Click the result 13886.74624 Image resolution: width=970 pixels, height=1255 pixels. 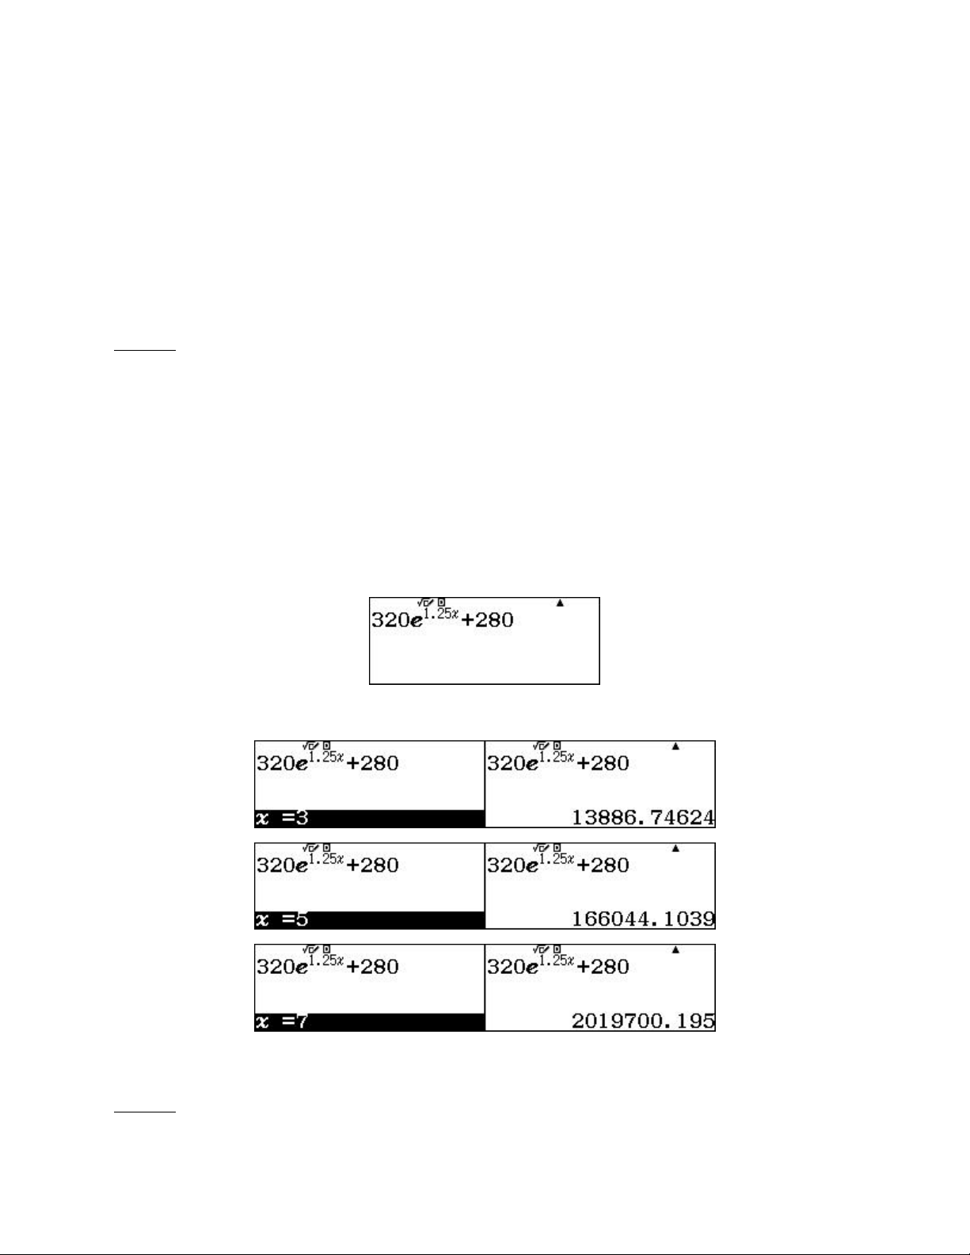coord(643,817)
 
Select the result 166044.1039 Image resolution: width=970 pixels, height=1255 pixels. coord(643,918)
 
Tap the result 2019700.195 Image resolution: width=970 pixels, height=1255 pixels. coord(643,1021)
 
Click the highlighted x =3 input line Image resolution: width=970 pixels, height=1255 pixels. coord(370,818)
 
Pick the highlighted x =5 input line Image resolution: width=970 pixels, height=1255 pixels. coord(370,919)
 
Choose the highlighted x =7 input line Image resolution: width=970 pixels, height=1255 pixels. coord(370,1021)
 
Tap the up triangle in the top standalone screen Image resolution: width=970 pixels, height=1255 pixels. coord(560,603)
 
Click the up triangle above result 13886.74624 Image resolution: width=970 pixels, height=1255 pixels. coord(675,746)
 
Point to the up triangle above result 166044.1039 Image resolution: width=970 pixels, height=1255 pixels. coord(675,848)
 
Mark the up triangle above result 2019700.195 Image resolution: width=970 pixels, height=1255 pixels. coord(675,949)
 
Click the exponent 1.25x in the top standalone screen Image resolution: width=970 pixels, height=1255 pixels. coord(441,613)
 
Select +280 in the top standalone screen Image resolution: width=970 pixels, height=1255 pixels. coord(488,620)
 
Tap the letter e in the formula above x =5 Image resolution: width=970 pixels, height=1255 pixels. coord(302,867)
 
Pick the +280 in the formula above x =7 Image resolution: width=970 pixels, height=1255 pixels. coord(372,967)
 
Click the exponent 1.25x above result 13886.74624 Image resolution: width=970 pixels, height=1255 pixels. coord(557,756)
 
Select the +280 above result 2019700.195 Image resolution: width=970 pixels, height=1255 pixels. coord(603,967)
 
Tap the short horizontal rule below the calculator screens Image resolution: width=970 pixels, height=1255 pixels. coord(144,1111)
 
